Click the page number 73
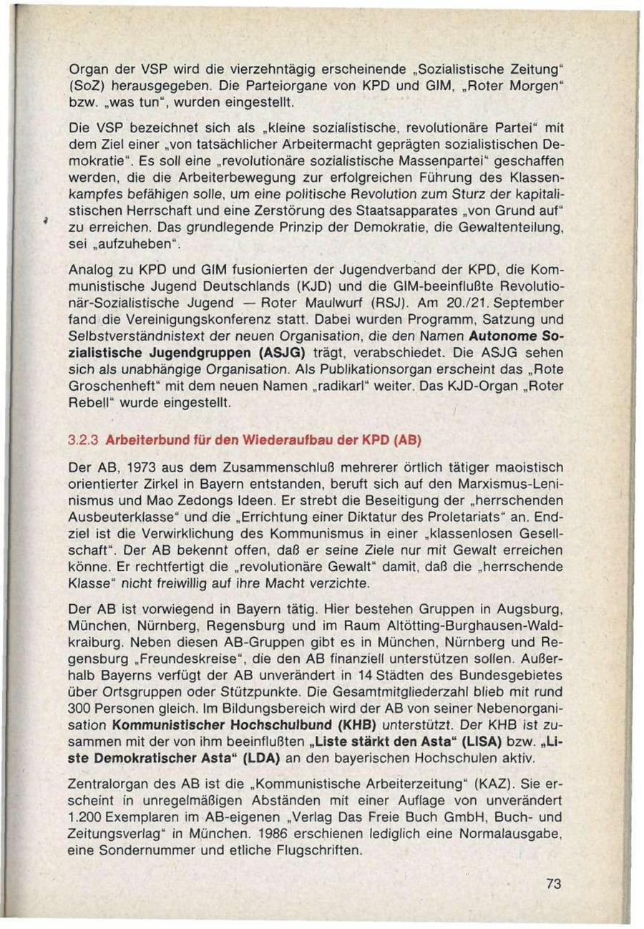pos(552,884)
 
